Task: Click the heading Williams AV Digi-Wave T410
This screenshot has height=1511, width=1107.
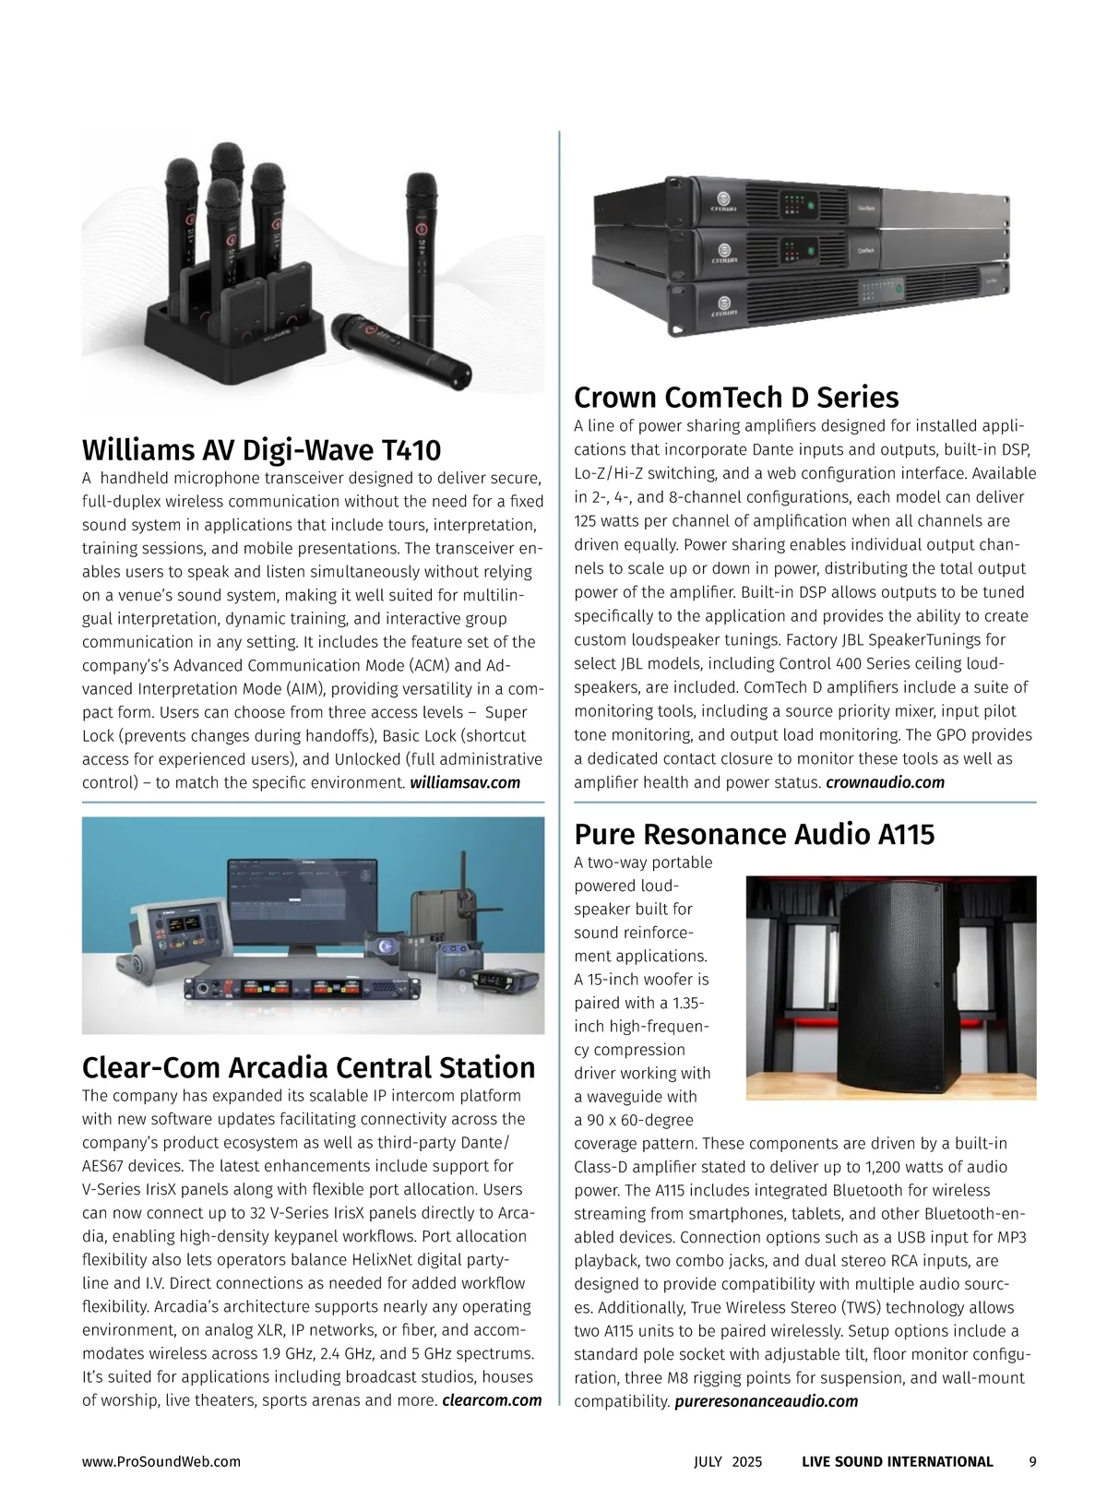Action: click(x=261, y=450)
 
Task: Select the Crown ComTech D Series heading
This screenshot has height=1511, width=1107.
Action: click(x=735, y=398)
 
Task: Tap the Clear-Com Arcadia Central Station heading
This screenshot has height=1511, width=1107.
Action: click(x=308, y=1067)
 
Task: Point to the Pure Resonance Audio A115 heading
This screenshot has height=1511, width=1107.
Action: click(x=754, y=834)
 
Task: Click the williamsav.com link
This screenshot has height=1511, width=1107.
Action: click(x=465, y=783)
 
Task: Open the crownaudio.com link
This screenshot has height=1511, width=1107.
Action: click(x=885, y=783)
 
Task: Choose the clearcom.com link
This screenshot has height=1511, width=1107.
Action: click(x=492, y=1400)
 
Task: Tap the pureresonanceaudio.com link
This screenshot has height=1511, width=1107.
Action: click(x=766, y=1401)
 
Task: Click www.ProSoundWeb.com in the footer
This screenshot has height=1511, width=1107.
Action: click(x=161, y=1461)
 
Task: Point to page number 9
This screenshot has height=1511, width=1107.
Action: click(x=1032, y=1461)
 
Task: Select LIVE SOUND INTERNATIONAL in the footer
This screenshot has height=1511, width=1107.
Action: click(x=897, y=1461)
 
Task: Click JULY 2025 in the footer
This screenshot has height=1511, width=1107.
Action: click(x=728, y=1461)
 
